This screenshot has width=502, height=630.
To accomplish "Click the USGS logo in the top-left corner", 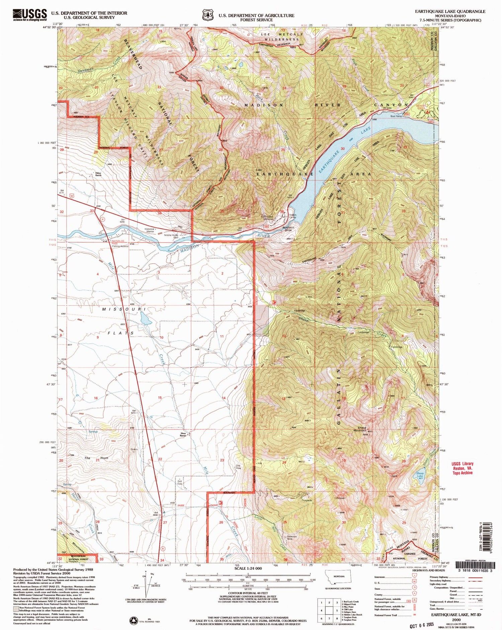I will [29, 15].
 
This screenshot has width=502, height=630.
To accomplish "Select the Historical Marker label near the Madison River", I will [149, 230].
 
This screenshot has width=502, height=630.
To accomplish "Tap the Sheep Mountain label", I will [362, 429].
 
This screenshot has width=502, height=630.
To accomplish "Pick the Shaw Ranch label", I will [183, 435].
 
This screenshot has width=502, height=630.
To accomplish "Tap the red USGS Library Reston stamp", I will [461, 468].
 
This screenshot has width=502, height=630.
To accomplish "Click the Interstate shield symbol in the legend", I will [414, 577].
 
